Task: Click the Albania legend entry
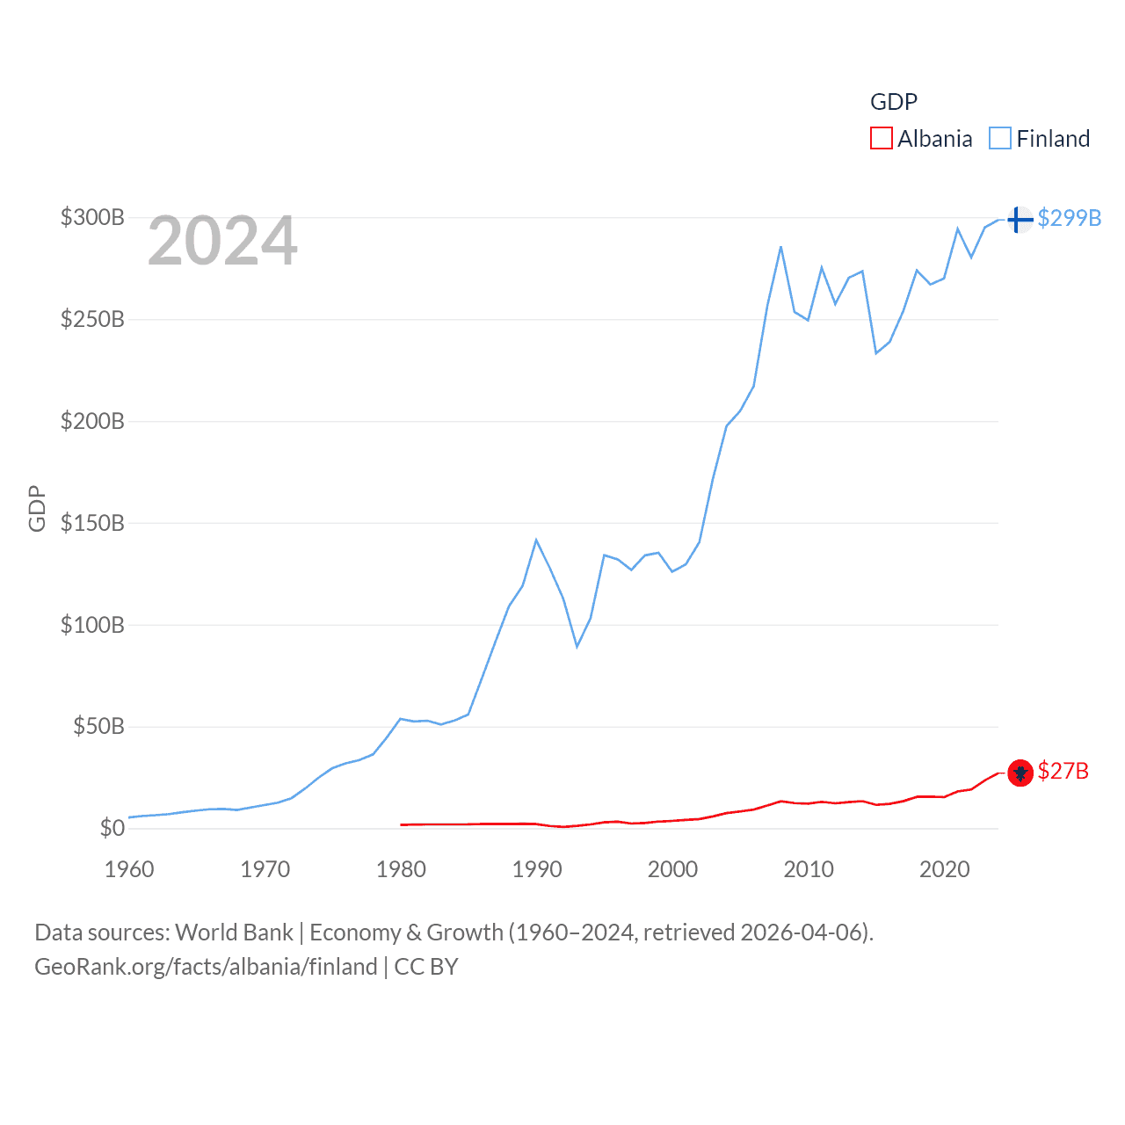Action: click(922, 139)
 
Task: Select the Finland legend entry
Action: click(1040, 139)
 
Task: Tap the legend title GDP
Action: click(893, 102)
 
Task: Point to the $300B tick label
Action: click(92, 217)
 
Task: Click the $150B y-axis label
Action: click(92, 523)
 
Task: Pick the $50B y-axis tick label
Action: click(98, 726)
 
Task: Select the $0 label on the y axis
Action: click(112, 828)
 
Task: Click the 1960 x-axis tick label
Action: click(129, 869)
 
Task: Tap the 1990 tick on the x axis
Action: click(536, 869)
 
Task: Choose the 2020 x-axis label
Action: click(944, 869)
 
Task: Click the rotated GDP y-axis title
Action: click(37, 508)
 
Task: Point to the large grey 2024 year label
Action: click(222, 241)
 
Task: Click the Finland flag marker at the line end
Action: click(1020, 219)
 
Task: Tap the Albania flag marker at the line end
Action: click(1020, 773)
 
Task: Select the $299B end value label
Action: click(1069, 218)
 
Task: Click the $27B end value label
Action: click(1063, 771)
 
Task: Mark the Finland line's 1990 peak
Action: click(536, 540)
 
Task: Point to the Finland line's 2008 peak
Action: click(780, 247)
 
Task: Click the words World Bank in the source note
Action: click(235, 932)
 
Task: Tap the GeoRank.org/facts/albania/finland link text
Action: click(206, 967)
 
